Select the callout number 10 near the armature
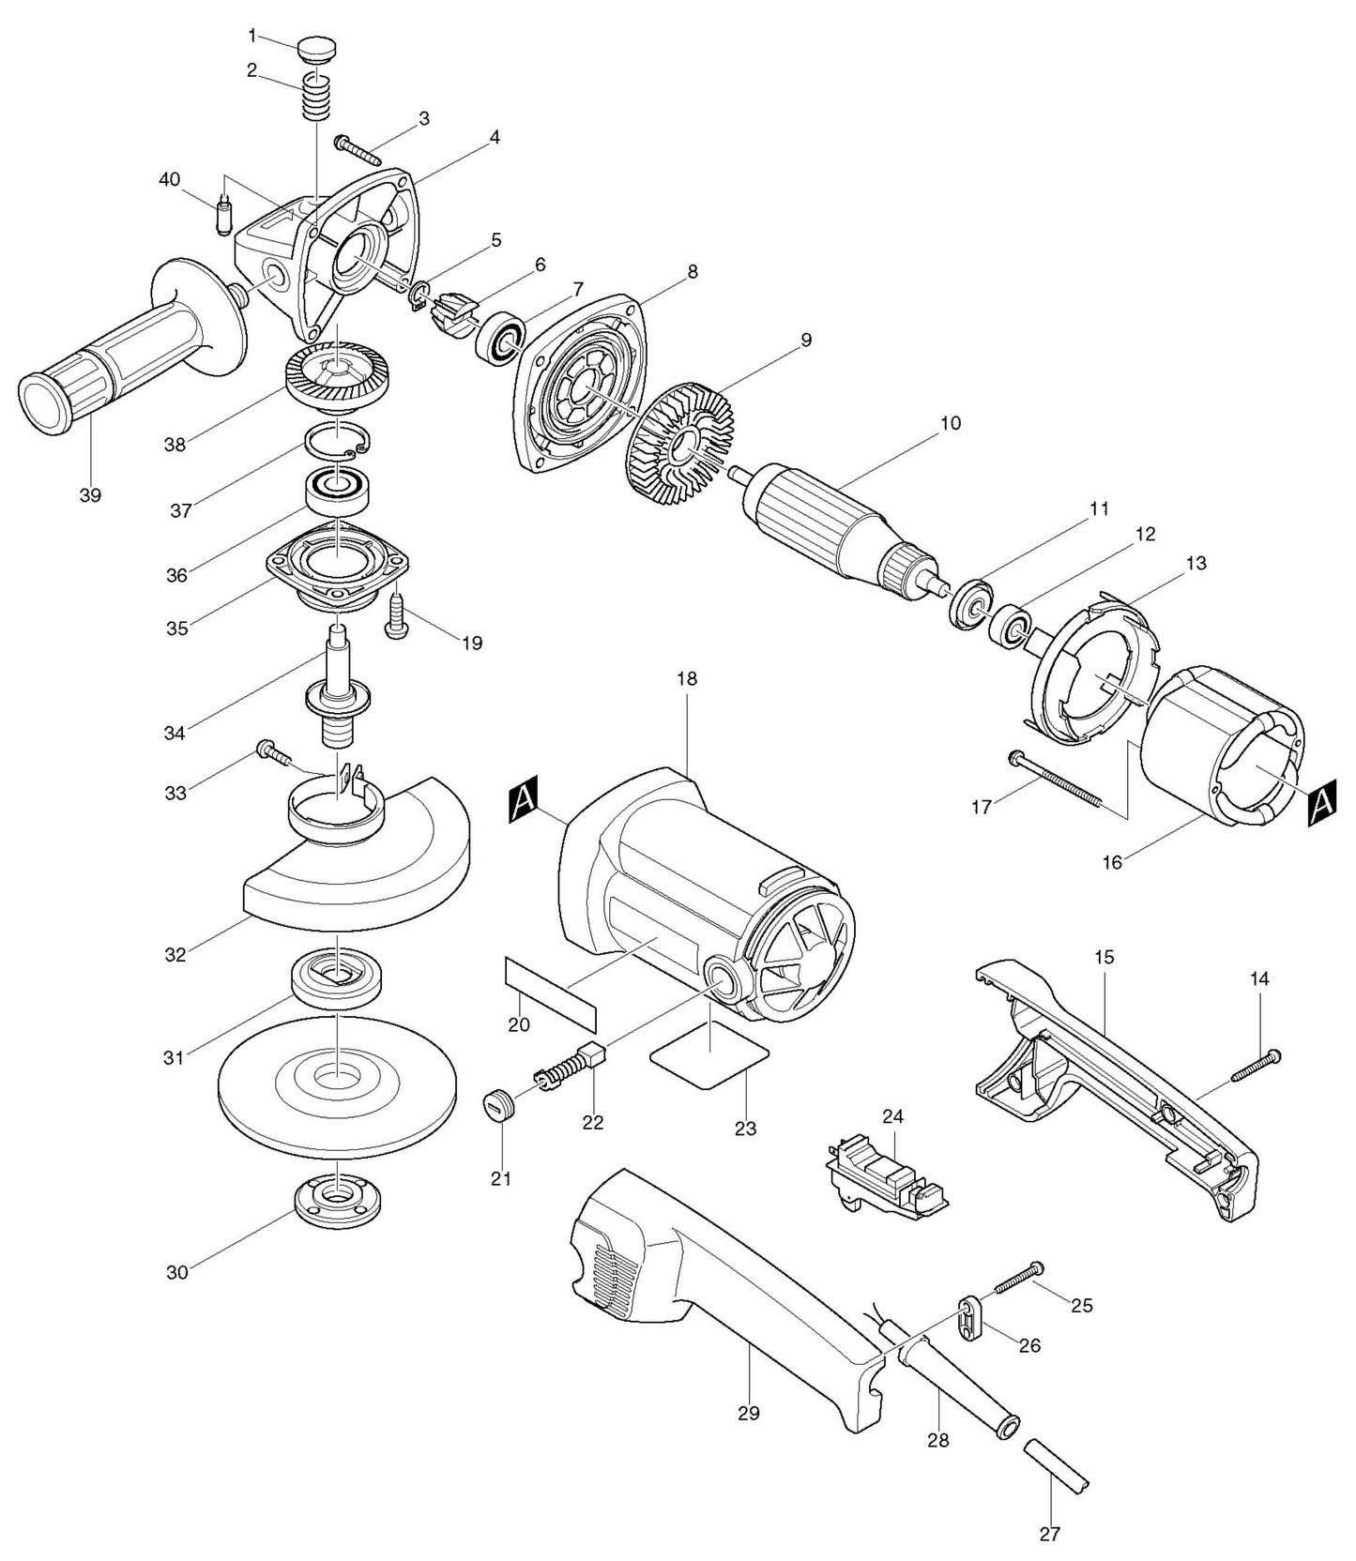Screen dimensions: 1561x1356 [x=950, y=424]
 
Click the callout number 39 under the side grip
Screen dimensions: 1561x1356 [x=90, y=495]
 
